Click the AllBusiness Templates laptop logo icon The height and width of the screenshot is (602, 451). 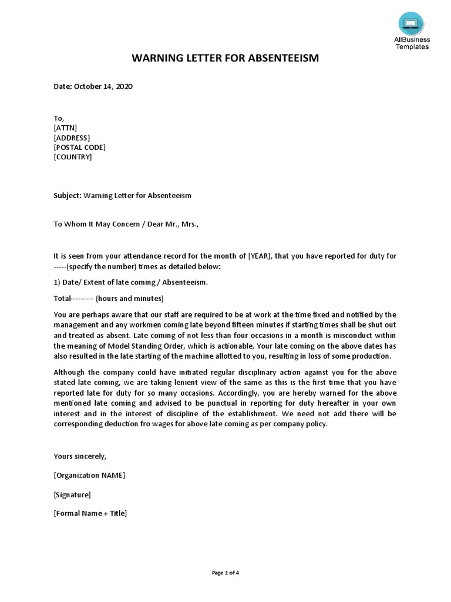411,23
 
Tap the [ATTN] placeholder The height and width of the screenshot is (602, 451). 65,128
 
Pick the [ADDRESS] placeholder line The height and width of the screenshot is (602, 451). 72,138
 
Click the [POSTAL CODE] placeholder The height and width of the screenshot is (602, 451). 80,148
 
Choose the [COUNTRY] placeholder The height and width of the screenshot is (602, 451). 73,157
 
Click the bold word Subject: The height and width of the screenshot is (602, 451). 68,195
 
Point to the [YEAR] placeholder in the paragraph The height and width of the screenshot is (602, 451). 260,256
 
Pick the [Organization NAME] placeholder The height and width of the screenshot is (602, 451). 89,475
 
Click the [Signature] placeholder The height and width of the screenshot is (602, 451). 72,494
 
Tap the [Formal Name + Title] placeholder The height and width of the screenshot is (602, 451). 90,513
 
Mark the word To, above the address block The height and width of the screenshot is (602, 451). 59,118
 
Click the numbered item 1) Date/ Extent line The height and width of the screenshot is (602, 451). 130,282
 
